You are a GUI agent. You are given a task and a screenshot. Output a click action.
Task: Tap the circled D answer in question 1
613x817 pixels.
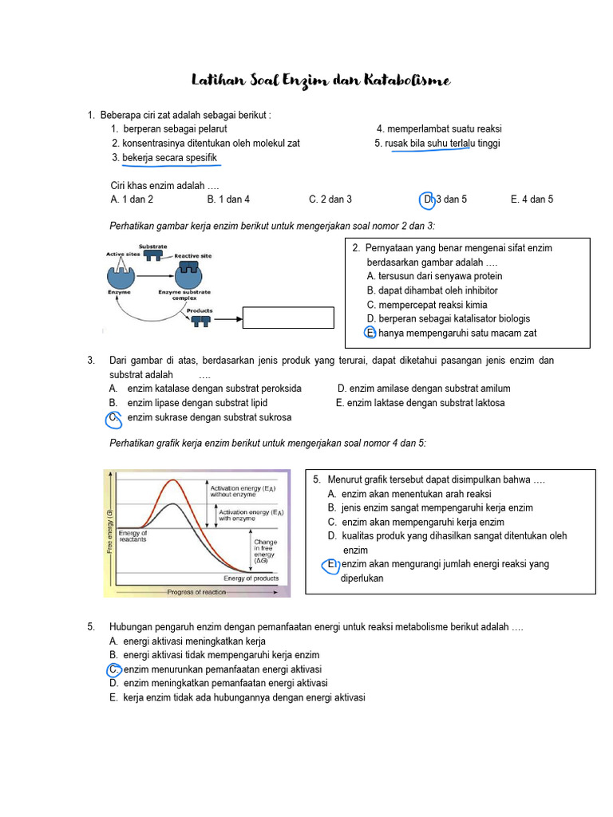pyautogui.click(x=427, y=199)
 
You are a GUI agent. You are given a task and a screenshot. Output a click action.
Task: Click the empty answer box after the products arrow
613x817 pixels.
pyautogui.click(x=289, y=318)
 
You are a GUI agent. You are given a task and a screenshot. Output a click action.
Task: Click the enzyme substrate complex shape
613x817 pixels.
pyautogui.click(x=188, y=275)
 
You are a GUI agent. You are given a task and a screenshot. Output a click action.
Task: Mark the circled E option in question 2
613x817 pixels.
pyautogui.click(x=370, y=333)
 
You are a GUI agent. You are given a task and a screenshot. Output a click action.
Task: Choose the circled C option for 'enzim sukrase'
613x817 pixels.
pyautogui.click(x=113, y=417)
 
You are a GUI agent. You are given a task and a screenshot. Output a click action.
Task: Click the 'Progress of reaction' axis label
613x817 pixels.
pyautogui.click(x=196, y=592)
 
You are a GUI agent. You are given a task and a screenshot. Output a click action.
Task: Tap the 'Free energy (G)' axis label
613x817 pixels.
pyautogui.click(x=109, y=531)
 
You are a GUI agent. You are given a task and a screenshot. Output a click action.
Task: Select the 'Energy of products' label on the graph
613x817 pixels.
pyautogui.click(x=251, y=578)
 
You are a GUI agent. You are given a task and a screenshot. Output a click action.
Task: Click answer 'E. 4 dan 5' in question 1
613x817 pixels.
pyautogui.click(x=532, y=199)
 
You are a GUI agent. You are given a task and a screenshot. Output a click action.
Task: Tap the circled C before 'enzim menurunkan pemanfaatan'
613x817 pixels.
pyautogui.click(x=114, y=669)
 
